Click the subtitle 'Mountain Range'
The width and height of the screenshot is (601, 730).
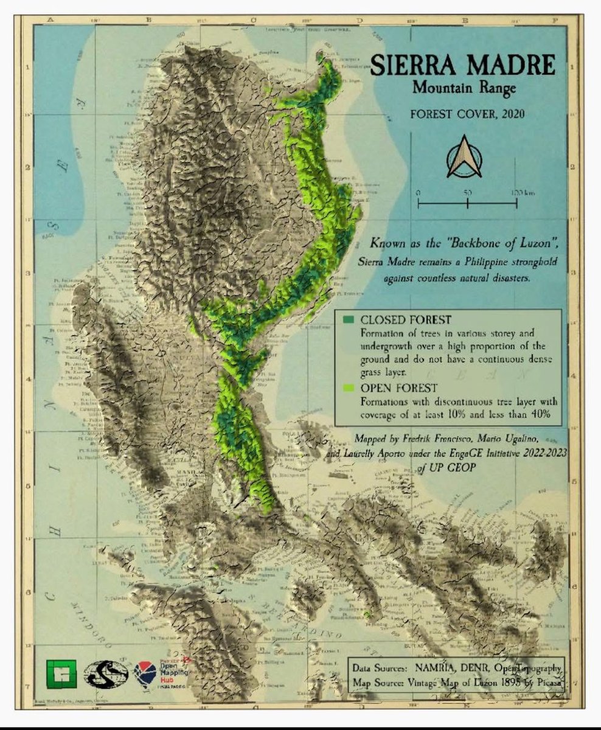[x=464, y=88]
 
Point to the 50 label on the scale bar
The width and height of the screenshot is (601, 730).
[x=467, y=193]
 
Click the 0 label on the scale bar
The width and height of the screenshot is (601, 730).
[x=419, y=193]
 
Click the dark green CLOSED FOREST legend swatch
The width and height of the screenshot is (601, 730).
[x=348, y=320]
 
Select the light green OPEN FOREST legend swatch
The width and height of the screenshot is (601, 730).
[x=348, y=388]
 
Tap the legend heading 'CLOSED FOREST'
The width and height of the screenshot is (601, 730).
[x=397, y=320]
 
